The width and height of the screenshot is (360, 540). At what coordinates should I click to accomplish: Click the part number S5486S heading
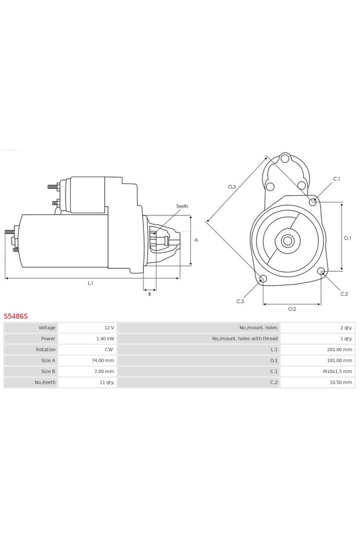(16, 316)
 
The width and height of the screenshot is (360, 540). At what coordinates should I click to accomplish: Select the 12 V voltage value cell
(109, 327)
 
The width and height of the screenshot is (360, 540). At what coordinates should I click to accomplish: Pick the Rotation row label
(45, 350)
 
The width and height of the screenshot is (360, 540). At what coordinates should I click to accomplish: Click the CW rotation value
(109, 350)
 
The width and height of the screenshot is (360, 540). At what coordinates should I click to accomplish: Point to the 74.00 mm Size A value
(103, 361)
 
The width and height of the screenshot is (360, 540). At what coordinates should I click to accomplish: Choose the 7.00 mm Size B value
(104, 372)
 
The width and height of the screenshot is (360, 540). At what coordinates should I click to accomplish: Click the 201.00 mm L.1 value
(339, 350)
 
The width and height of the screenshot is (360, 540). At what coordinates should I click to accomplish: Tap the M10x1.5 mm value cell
(337, 372)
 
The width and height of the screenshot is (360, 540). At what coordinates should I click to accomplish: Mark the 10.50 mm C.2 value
(340, 383)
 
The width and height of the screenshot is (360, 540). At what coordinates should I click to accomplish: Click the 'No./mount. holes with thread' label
(244, 339)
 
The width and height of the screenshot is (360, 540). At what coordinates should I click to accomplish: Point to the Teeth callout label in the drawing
(182, 206)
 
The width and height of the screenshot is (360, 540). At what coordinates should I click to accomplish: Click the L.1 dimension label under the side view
(91, 283)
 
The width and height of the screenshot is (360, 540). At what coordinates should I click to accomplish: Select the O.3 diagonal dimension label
(232, 186)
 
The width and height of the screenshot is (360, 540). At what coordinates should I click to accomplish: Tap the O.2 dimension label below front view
(292, 308)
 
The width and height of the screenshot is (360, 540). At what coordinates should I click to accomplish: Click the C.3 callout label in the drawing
(240, 301)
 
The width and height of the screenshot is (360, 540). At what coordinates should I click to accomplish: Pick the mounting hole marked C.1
(313, 201)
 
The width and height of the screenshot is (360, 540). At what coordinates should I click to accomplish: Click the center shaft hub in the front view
(287, 240)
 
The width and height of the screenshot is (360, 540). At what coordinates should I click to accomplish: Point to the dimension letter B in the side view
(149, 294)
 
